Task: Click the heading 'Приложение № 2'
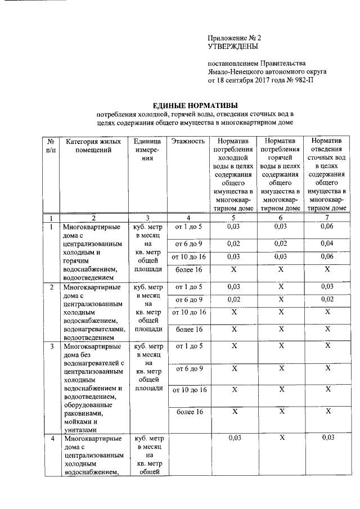(235, 38)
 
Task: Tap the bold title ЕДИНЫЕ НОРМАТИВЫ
(196, 105)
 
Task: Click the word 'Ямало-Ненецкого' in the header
(236, 71)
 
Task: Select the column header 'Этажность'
(188, 141)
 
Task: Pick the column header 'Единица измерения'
(147, 150)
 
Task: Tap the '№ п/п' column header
(51, 145)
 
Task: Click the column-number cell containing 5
(233, 218)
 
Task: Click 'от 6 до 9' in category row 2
(188, 300)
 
